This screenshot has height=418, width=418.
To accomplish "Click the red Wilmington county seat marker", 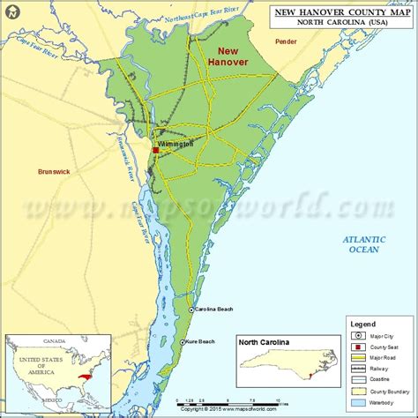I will (156, 151).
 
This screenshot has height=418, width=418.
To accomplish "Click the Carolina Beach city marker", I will (190, 310).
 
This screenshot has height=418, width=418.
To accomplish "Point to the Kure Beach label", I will (200, 342).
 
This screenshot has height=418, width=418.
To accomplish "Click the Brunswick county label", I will (54, 172).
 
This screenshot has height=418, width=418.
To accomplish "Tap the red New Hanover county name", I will (228, 57).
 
